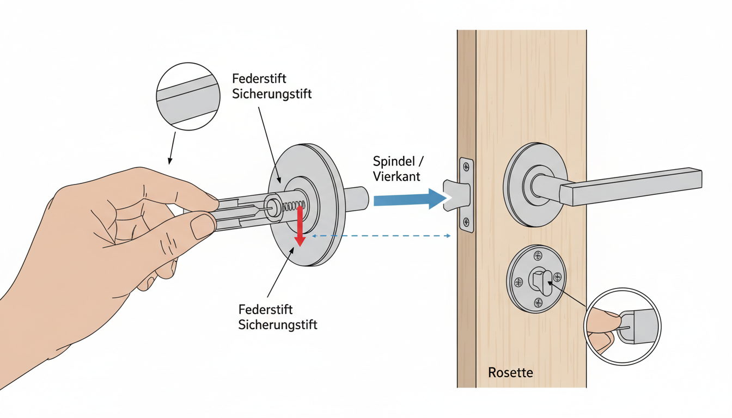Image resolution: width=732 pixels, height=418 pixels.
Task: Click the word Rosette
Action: click(x=510, y=373)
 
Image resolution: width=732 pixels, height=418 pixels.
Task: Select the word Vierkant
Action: click(x=397, y=177)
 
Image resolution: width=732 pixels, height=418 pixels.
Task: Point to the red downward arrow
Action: click(x=299, y=226)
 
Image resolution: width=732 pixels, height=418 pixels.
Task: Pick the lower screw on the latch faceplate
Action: click(x=466, y=222)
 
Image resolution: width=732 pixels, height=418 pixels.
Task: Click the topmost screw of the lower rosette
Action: click(x=539, y=256)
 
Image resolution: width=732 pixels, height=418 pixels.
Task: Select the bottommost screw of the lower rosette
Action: click(x=539, y=303)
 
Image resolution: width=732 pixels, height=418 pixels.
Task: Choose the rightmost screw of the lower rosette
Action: click(x=557, y=277)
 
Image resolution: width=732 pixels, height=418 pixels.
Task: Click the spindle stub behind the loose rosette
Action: click(x=357, y=198)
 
